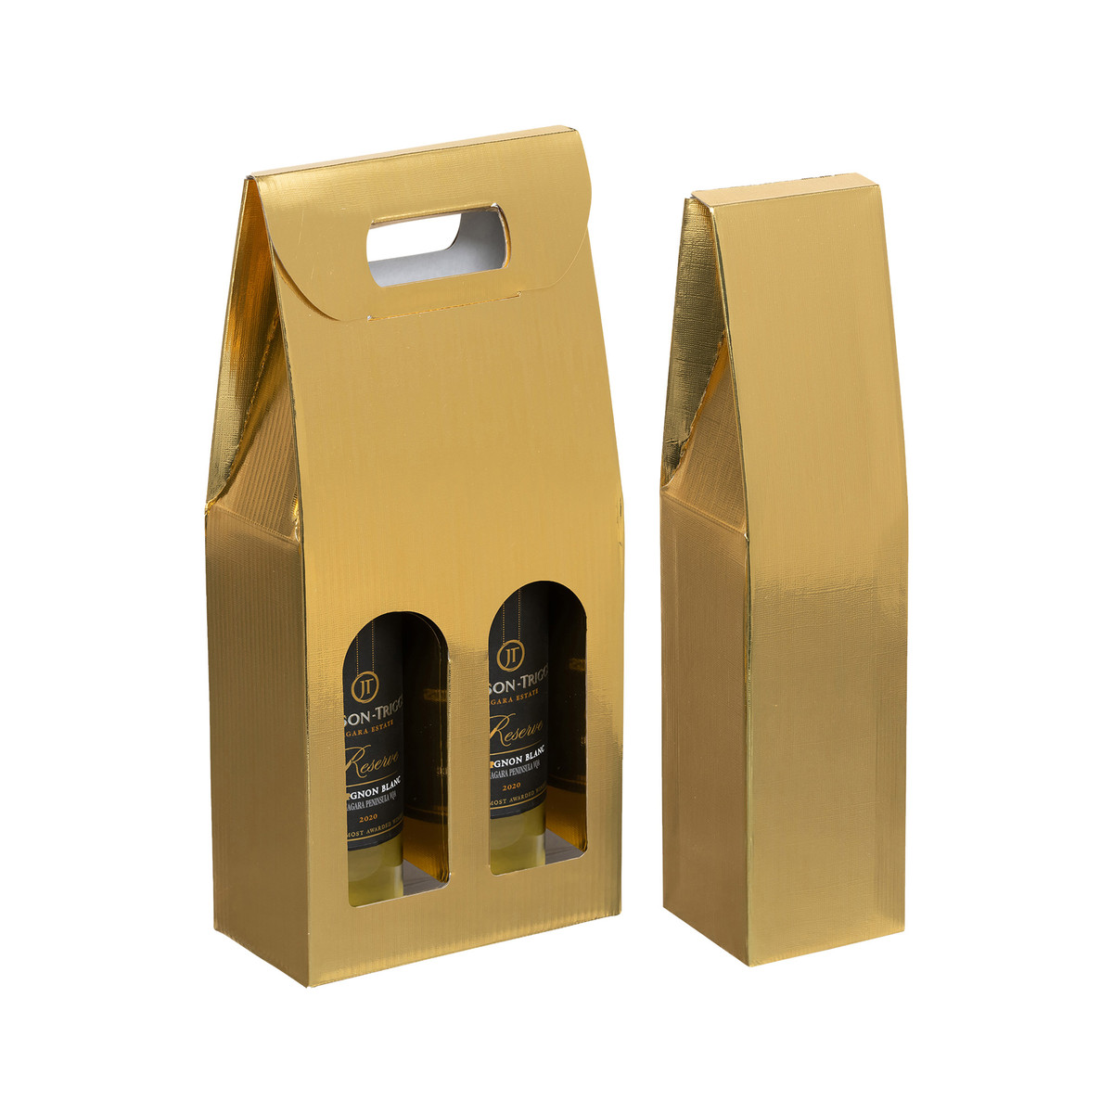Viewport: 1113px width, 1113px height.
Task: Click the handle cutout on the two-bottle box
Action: [436, 244]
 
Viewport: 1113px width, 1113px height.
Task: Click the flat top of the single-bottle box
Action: [783, 188]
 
